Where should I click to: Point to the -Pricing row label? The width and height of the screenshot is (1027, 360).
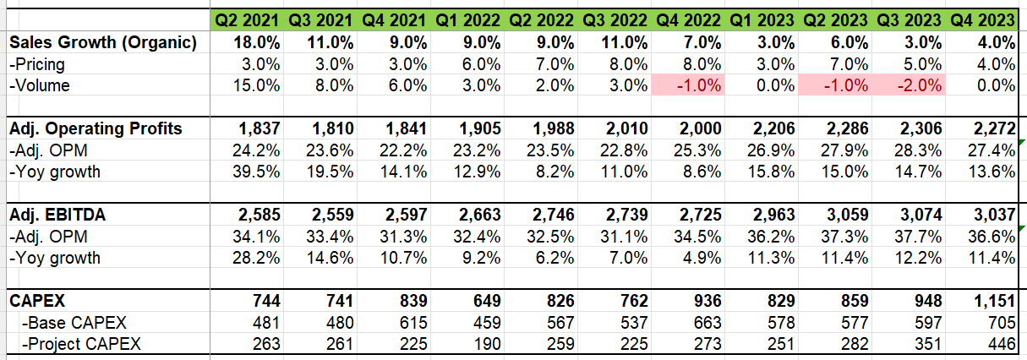(37, 63)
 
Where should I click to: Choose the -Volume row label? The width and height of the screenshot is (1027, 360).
(39, 85)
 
